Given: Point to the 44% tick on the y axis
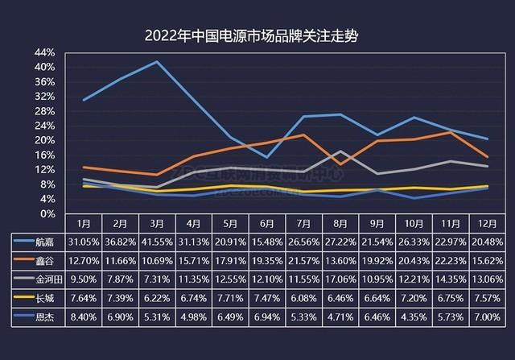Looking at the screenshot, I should point(44,53).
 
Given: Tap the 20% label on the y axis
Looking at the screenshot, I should point(44,140).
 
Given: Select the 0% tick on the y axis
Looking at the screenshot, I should point(47,213).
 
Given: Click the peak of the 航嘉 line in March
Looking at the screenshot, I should point(156,62).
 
